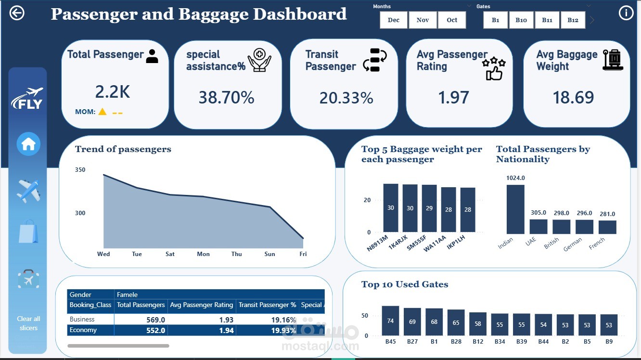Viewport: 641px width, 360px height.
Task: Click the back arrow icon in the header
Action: pos(17,13)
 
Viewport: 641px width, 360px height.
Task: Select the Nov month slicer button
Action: pos(423,20)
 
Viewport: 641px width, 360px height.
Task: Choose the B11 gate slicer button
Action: pos(547,20)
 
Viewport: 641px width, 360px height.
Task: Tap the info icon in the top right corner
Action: pos(626,13)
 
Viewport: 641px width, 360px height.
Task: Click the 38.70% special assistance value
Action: pos(226,97)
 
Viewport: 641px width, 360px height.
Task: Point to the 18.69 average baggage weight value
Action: pos(573,97)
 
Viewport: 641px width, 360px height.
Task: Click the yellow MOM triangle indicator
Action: pos(103,112)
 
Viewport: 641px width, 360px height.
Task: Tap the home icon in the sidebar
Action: pos(28,144)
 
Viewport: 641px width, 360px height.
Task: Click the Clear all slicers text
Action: pos(28,323)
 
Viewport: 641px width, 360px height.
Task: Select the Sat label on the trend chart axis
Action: pos(170,254)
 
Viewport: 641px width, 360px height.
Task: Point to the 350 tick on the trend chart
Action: pos(80,170)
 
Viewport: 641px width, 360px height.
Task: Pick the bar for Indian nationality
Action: pos(515,209)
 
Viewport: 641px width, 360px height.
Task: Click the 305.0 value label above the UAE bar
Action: pos(538,213)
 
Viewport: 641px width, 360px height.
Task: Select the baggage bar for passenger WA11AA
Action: pos(449,209)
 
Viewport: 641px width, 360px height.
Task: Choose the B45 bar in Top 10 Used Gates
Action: pos(390,321)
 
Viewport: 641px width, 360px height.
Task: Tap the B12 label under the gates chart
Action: pos(478,341)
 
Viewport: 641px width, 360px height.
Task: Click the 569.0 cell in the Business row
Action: pos(155,320)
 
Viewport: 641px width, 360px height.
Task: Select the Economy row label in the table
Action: pos(83,330)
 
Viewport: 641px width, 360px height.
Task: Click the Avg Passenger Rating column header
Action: pos(202,305)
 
